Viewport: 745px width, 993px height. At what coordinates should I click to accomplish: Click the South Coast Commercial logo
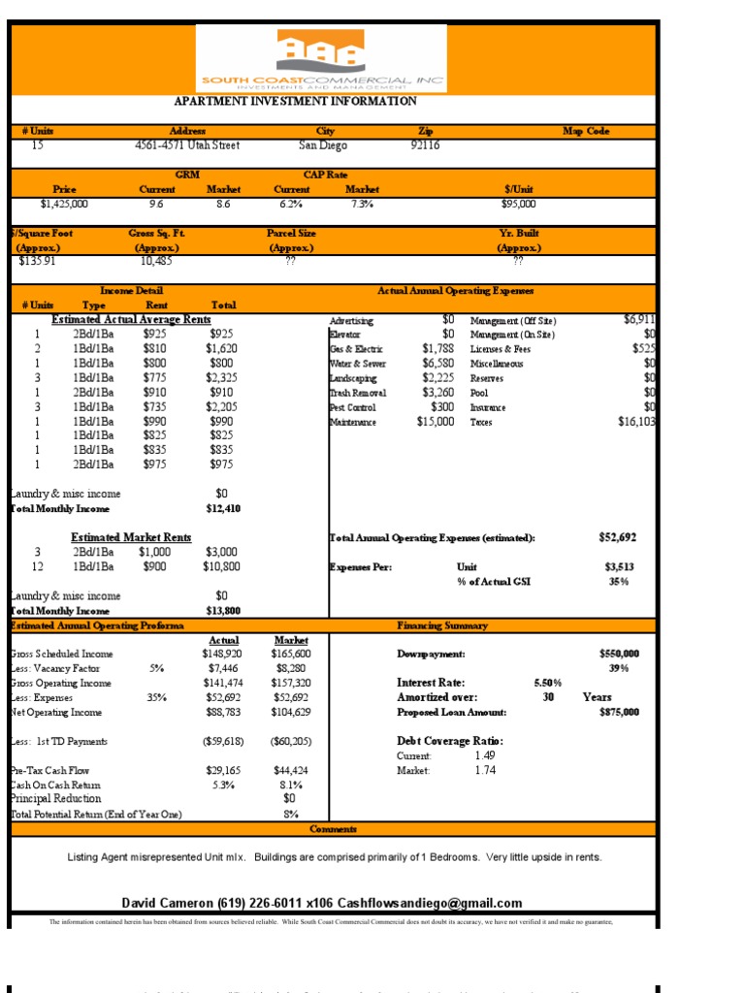(321, 59)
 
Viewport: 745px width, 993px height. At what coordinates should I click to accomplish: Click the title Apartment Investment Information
(295, 101)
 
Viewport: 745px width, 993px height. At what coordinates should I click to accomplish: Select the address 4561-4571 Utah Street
(187, 145)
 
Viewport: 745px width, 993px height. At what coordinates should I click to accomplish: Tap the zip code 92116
(425, 145)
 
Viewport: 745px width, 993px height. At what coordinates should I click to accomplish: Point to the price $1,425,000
(64, 204)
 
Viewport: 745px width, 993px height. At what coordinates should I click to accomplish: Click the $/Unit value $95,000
(518, 204)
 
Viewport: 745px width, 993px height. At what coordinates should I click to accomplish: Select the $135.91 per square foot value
(38, 261)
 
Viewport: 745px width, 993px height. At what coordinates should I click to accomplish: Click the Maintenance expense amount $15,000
(435, 422)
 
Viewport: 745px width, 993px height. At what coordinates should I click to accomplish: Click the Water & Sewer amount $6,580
(437, 364)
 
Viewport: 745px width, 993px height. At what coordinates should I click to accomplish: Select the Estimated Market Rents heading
(131, 537)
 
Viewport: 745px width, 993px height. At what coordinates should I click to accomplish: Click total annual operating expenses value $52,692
(618, 537)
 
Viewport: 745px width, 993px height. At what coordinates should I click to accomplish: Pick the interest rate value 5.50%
(548, 683)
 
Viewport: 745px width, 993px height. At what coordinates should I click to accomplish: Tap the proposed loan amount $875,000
(619, 712)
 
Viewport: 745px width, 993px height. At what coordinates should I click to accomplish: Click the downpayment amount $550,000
(619, 654)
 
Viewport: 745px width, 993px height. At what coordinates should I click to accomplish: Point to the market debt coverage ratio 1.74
(485, 770)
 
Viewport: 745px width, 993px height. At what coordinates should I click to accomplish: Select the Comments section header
(334, 829)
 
